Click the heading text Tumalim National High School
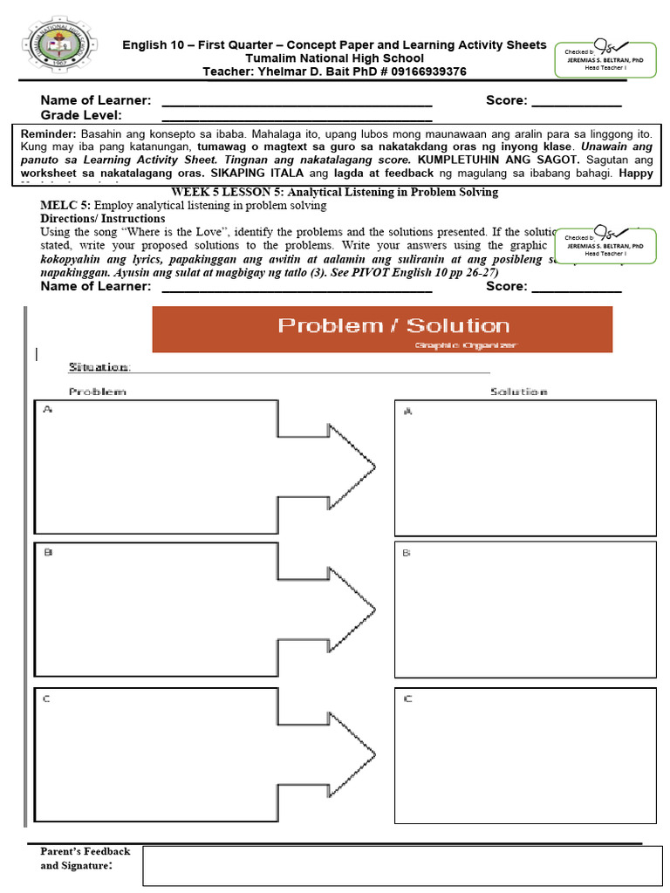click(334, 58)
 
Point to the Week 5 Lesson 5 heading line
click(334, 192)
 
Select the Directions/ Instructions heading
click(102, 218)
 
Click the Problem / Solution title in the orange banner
click(393, 326)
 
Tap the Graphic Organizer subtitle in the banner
click(466, 345)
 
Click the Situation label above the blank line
click(99, 368)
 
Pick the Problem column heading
click(97, 392)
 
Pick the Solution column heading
click(518, 392)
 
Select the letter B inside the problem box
click(49, 552)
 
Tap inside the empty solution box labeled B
click(525, 610)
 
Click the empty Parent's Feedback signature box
click(402, 865)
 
